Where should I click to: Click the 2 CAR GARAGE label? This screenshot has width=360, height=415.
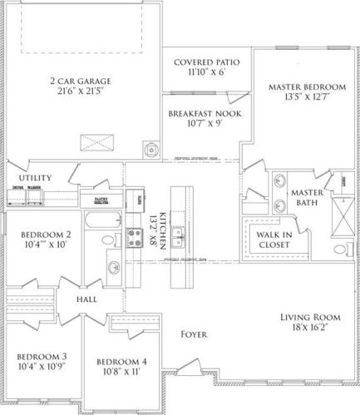[81, 81]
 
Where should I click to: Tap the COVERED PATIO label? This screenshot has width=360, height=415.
[205, 62]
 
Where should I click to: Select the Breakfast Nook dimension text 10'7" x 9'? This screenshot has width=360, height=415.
[204, 125]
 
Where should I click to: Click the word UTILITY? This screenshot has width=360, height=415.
[36, 178]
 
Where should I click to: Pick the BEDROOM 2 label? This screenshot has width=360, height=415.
[41, 234]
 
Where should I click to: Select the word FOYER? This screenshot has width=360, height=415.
[195, 334]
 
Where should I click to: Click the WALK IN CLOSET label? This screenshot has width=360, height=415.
[272, 239]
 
